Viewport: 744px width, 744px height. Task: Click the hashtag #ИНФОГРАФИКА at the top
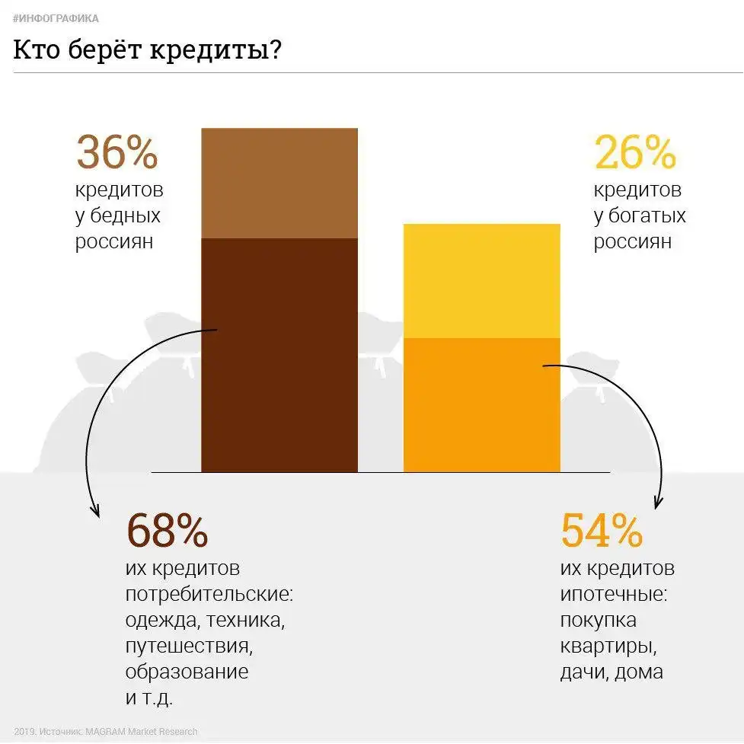[56, 18]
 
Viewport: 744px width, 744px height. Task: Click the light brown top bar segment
[279, 183]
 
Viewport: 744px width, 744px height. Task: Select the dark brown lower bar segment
[279, 354]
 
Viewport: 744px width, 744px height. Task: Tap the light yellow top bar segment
[481, 280]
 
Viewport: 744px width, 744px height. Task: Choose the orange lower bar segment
[481, 404]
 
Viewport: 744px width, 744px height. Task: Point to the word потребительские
[208, 595]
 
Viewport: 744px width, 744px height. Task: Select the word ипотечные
[613, 595]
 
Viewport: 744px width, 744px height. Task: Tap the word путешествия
[188, 647]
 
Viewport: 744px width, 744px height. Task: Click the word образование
[187, 672]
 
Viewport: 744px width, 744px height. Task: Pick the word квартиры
[608, 647]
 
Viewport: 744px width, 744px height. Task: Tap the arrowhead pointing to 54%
[657, 504]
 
